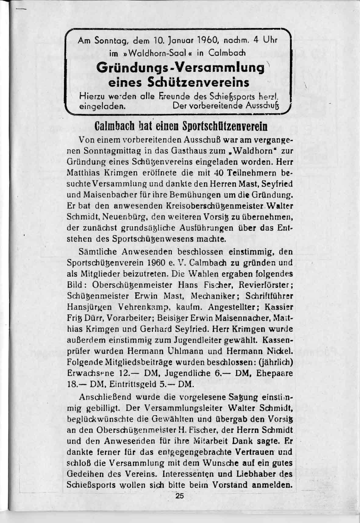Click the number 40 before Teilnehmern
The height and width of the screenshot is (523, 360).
(219, 173)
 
